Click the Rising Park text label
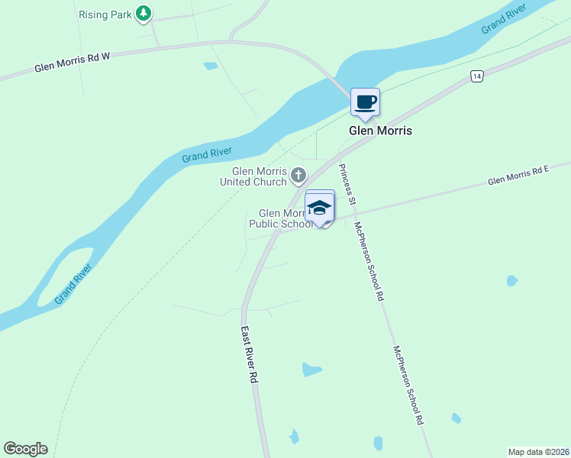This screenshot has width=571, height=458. coord(104,15)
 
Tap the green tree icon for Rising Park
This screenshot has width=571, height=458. coord(143,13)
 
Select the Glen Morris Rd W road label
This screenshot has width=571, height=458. coord(73,63)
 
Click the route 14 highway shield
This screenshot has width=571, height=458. coord(476,76)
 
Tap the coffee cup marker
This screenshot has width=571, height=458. coord(365,102)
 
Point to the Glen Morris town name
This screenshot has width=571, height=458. coord(380,131)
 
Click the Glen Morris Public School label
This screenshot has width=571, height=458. coord(281,219)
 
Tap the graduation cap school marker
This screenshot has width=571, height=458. coord(321,207)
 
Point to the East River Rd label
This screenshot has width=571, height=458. coord(249,355)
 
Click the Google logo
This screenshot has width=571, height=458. coord(25,449)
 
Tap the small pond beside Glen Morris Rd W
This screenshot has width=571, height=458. coord(211,66)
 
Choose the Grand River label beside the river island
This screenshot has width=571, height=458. coord(73,284)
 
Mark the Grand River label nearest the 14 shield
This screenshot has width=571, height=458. coord(504,20)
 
